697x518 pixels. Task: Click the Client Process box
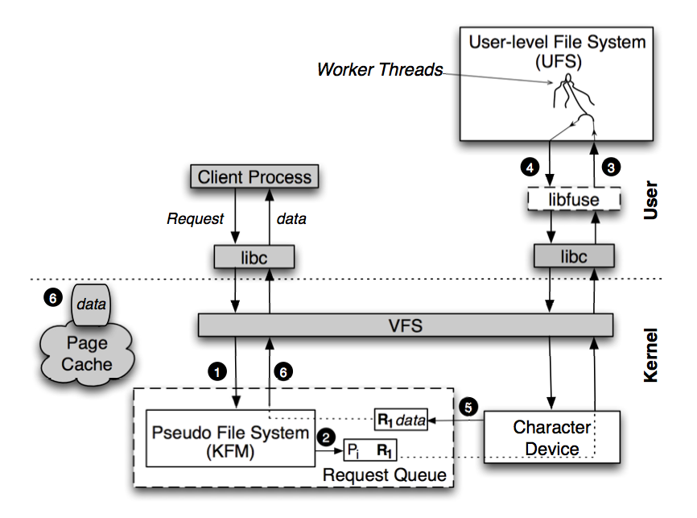tap(254, 176)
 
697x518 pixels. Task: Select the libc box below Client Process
tap(254, 257)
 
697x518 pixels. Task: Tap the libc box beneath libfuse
tap(574, 257)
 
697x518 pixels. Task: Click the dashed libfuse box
tap(574, 198)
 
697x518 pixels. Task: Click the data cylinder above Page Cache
tap(90, 302)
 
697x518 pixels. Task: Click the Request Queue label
tap(384, 474)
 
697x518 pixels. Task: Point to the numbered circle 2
tap(326, 437)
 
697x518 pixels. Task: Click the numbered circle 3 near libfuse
tap(612, 167)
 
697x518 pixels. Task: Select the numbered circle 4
tap(528, 167)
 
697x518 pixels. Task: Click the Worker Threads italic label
tap(380, 70)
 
